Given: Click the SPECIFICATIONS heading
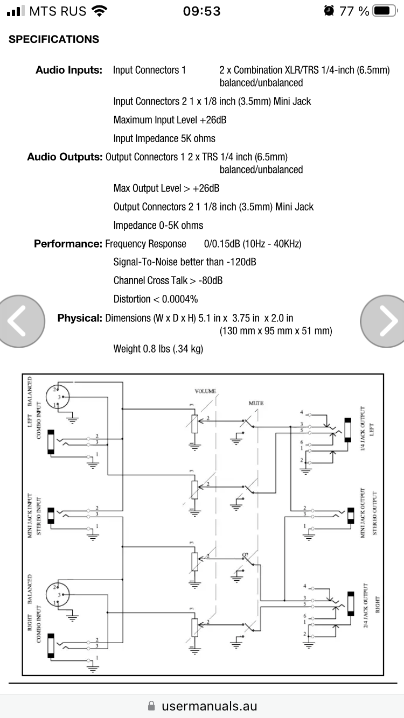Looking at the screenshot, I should coord(54,39).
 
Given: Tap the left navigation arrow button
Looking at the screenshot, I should coord(22,321).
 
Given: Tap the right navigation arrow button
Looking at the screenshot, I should coord(384,321).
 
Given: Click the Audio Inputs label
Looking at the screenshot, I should coord(69,70).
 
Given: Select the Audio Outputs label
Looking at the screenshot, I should coord(65,157).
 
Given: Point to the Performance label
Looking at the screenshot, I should coord(68,244).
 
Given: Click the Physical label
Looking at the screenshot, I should coord(80,318).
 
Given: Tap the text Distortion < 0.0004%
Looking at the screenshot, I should coord(156,299).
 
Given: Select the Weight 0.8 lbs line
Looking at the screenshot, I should coord(158,349).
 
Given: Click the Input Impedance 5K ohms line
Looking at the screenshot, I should coord(164,138).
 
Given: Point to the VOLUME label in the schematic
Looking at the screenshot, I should coord(205,391).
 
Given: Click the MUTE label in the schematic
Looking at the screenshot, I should coord(256,403).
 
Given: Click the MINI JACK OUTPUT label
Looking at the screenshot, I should coord(364,513).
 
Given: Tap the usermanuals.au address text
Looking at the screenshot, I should coord(209,706).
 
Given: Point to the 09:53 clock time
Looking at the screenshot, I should coord(202,11).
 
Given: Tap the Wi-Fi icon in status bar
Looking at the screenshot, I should coord(100,11).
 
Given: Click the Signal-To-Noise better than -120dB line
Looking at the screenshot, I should coord(185,263).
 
